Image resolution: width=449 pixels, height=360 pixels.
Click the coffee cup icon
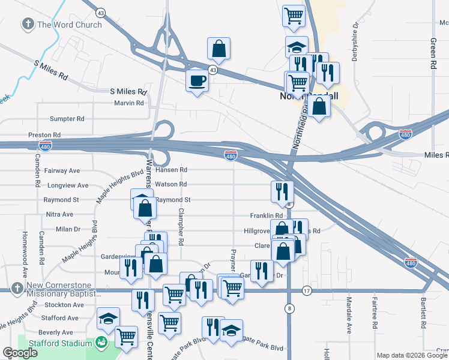196,80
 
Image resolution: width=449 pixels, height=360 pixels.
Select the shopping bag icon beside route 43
219,49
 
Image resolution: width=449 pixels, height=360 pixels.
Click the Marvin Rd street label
129,103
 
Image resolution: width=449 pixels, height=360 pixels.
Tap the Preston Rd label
44,135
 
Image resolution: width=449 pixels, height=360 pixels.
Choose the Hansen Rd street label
171,170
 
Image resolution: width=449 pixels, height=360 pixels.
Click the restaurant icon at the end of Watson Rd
282,191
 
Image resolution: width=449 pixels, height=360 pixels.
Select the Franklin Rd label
267,215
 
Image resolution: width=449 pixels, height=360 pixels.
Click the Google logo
20,353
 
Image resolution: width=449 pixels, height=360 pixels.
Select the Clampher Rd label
180,226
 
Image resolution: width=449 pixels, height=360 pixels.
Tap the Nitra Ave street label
59,214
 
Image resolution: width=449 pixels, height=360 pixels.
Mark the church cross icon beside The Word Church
28,25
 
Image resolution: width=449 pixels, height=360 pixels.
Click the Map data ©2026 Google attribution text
411,355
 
